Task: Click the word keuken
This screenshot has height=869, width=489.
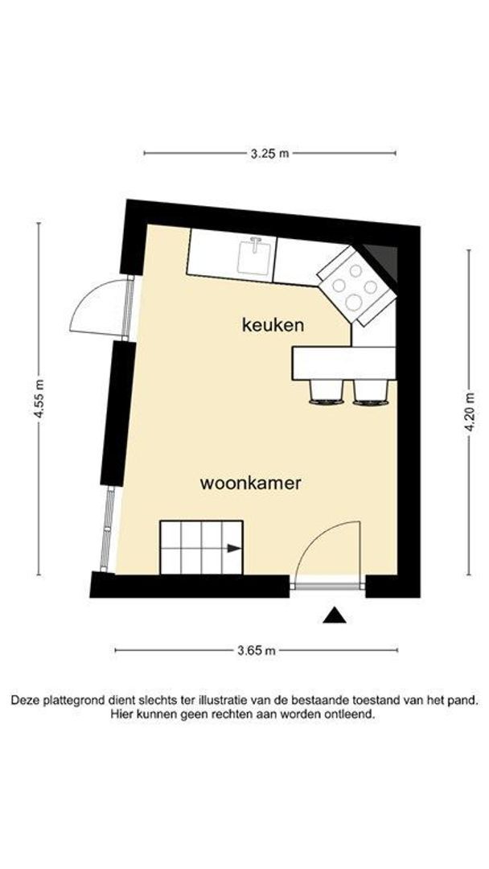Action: tap(273, 325)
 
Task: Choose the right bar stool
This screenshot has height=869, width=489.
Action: tap(370, 391)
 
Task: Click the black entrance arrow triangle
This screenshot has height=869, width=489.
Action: tap(335, 616)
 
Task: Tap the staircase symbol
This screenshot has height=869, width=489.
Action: tap(201, 547)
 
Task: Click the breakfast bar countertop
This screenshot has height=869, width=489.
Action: tap(343, 362)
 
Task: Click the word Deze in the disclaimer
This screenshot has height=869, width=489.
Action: tap(25, 701)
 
